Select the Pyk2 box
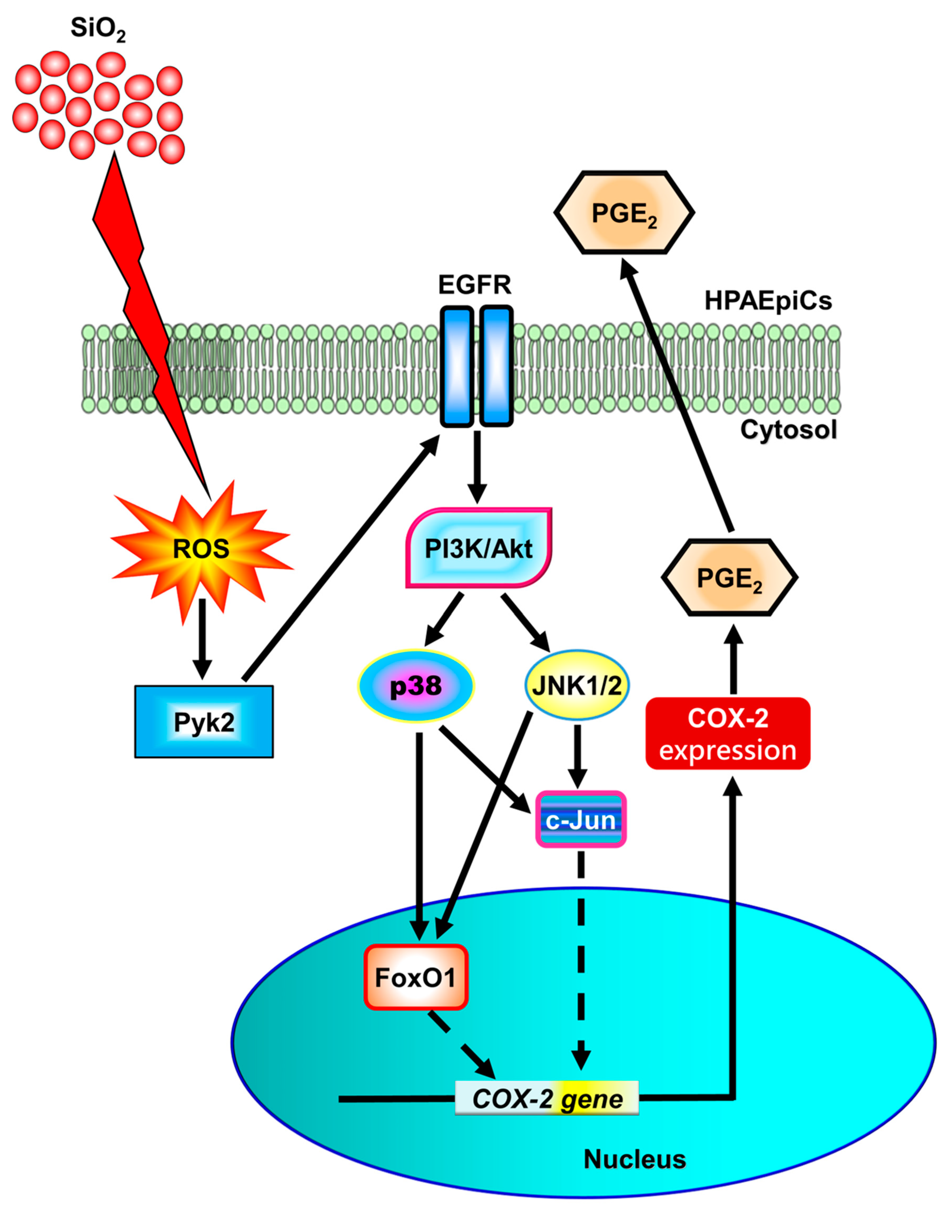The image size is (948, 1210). (204, 722)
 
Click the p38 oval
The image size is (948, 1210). (416, 686)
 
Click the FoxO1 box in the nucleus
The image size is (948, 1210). (416, 977)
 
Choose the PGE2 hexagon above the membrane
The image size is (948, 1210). (624, 213)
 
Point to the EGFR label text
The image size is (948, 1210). (475, 285)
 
